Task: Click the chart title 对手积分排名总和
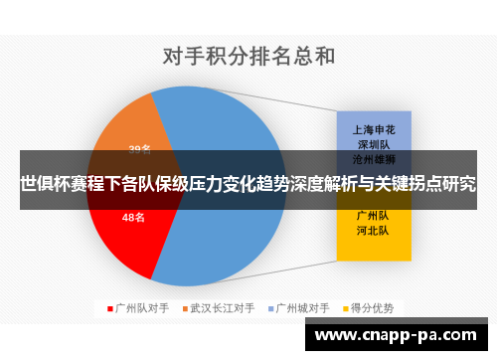[x=248, y=57]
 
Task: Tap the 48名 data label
[x=132, y=217]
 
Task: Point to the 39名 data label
[x=140, y=150]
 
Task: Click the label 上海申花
[x=373, y=129]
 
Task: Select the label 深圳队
[x=373, y=143]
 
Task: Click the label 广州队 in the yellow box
[x=373, y=215]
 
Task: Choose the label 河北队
[x=373, y=230]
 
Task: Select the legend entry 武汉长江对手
[x=222, y=307]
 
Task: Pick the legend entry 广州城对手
[x=302, y=307]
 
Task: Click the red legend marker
[x=109, y=307]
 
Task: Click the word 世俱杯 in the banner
[x=42, y=184]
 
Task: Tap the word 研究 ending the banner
[x=460, y=184]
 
